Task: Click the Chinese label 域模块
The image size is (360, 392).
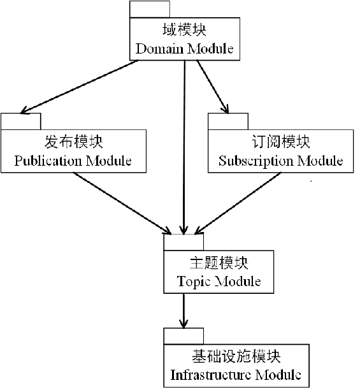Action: coord(185,30)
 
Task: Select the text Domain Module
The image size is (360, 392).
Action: coord(185,48)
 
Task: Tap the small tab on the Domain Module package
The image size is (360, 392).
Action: coord(150,10)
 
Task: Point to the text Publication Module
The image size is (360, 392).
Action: coord(73,160)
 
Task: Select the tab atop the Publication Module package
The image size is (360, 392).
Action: coord(20,121)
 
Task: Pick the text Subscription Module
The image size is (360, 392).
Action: coord(280,161)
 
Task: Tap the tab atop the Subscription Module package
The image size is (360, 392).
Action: coord(227,121)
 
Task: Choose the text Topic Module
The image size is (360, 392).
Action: coord(219,280)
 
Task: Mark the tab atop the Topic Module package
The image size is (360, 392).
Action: coord(184,242)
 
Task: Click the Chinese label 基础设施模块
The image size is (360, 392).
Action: coord(236,356)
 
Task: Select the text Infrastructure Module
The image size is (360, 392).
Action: coord(236,374)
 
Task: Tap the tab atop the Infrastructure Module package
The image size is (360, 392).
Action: coord(184,336)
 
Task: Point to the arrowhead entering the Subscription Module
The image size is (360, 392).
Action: coord(224,108)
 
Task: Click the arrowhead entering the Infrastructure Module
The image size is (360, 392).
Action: coord(184,324)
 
